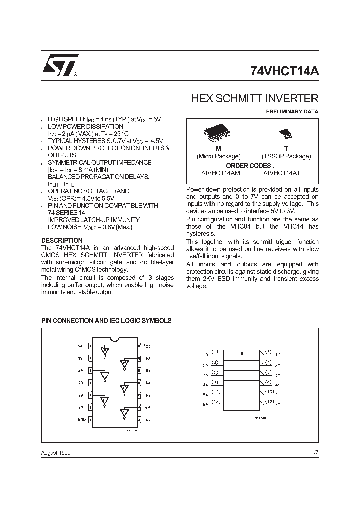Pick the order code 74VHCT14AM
pyautogui.click(x=220, y=173)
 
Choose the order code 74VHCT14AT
pyautogui.click(x=281, y=173)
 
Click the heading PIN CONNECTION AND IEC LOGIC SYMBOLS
pyautogui.click(x=106, y=320)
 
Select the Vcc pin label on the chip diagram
pyautogui.click(x=146, y=345)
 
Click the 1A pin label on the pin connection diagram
pyautogui.click(x=80, y=346)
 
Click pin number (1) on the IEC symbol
pyautogui.click(x=215, y=352)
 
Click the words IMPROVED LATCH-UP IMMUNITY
pyautogui.click(x=93, y=220)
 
